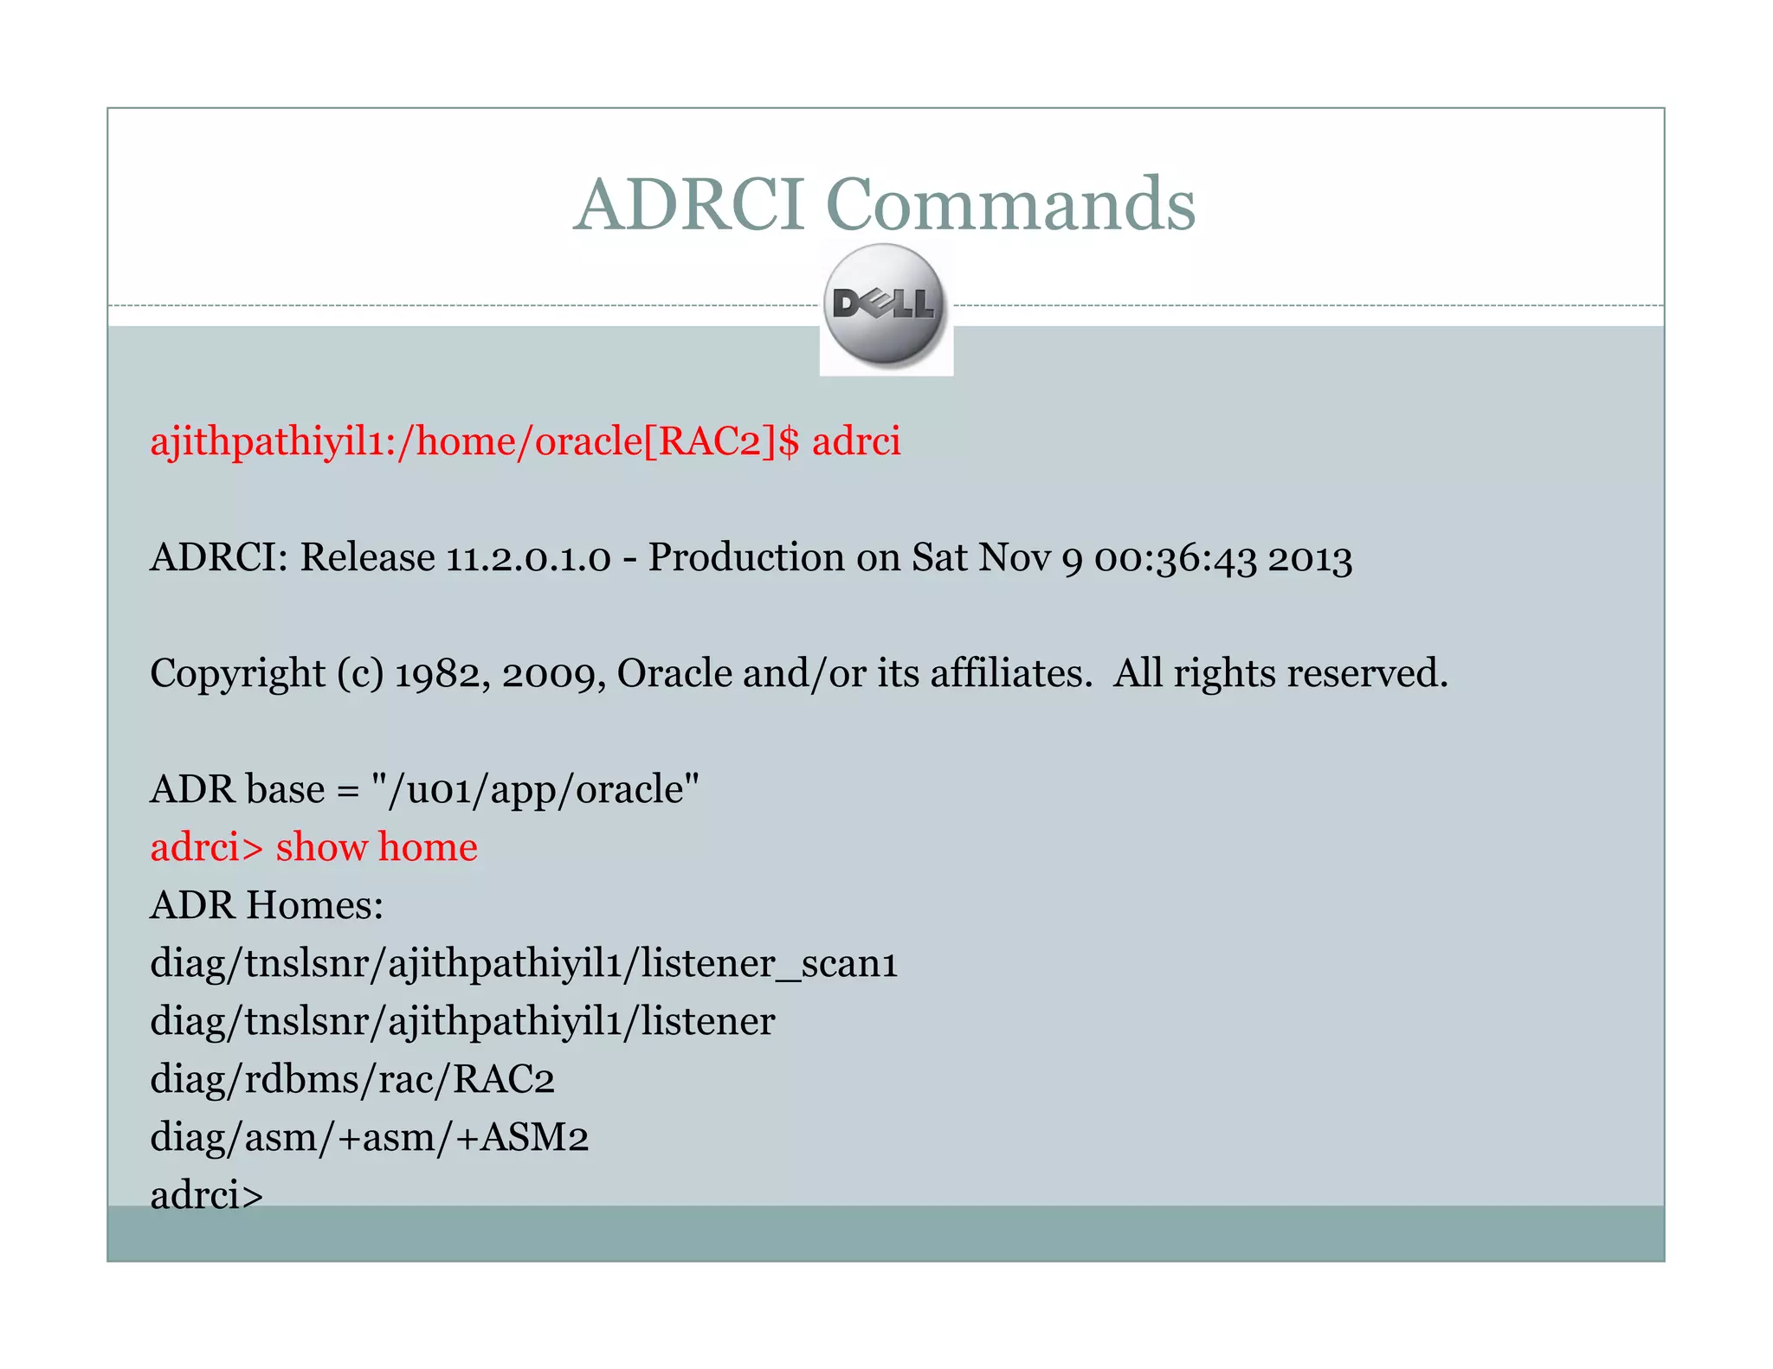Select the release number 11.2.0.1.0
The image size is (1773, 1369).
[528, 557]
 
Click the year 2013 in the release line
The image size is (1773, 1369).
[1310, 558]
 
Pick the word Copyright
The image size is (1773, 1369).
[237, 673]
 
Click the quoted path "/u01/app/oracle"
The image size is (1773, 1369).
[534, 789]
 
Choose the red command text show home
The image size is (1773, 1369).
[377, 847]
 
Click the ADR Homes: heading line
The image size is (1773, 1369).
[267, 905]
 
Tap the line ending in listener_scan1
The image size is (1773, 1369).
[524, 963]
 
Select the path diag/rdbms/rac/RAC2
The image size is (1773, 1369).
[352, 1079]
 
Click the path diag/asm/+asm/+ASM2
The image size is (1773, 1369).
[370, 1137]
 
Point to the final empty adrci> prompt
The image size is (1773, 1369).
[206, 1195]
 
